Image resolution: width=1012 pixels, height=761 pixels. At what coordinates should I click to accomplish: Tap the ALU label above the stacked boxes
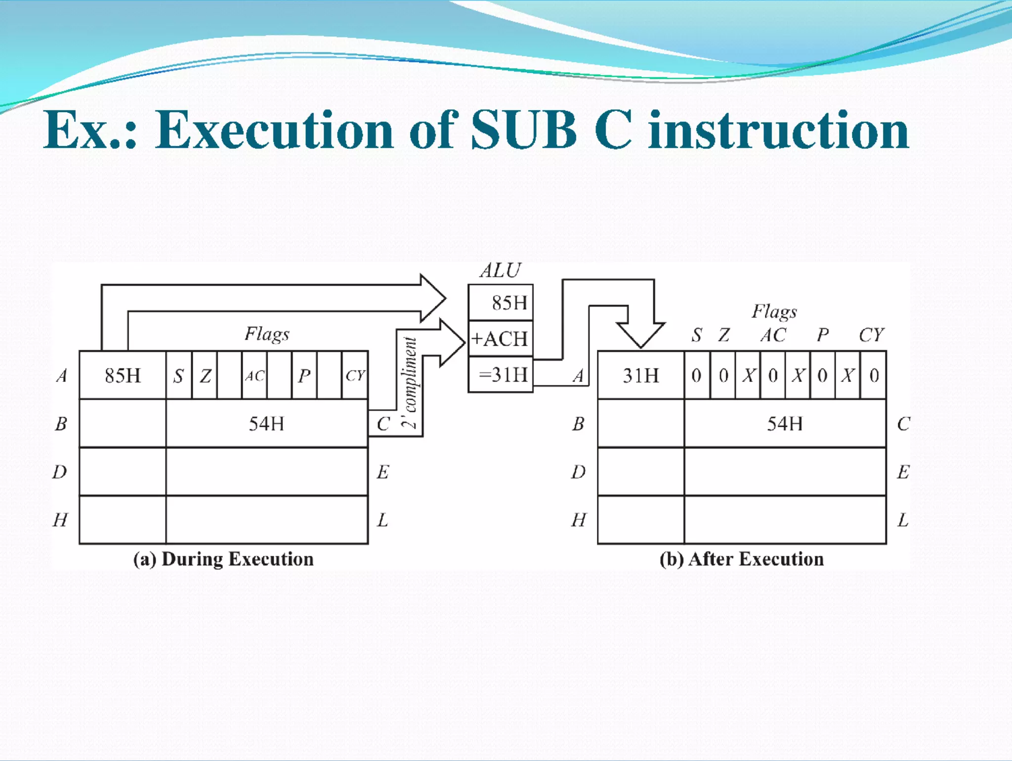point(500,270)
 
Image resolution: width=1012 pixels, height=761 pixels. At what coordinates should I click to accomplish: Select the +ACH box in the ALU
point(500,339)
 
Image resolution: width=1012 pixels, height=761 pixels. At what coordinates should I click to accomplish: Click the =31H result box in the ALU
point(500,375)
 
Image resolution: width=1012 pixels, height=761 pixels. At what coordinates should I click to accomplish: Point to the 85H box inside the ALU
point(500,303)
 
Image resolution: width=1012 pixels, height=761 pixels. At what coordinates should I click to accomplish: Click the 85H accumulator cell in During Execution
point(123,375)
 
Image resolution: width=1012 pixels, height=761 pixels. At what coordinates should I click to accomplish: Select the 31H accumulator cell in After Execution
point(641,375)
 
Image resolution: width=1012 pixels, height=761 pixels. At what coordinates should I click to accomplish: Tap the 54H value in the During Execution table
point(267,424)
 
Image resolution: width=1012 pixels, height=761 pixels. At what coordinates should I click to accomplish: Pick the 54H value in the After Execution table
point(785,424)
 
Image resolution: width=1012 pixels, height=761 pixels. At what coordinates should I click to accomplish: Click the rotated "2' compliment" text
point(410,382)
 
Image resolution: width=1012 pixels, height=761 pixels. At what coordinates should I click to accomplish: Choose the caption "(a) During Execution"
point(223,559)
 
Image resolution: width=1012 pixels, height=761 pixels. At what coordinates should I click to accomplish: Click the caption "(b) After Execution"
point(742,559)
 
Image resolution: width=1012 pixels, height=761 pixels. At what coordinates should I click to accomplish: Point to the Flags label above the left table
point(267,334)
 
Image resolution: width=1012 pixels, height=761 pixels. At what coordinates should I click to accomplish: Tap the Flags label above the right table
point(774,312)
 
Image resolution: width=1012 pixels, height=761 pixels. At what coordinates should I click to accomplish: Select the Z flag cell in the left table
point(205,376)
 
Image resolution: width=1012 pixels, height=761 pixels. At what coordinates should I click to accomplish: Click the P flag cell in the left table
point(304,376)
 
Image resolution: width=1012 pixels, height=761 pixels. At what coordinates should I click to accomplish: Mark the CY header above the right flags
point(871,335)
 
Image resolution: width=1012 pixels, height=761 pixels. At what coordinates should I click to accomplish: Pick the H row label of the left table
point(60,520)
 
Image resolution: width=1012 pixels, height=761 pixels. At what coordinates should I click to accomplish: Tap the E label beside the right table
point(903,472)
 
